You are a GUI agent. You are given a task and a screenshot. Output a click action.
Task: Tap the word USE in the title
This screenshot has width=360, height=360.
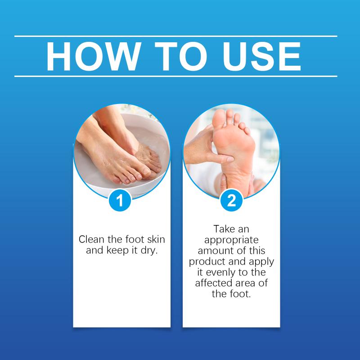tap(262, 56)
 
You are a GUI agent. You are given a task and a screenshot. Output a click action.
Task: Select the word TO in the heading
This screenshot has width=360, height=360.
tap(181, 56)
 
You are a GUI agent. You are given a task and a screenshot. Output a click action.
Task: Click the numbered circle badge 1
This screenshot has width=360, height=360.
tap(120, 200)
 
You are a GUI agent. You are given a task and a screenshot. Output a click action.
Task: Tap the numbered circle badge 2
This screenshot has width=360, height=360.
tap(231, 200)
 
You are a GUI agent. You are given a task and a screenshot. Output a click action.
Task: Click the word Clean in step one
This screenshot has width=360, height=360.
tap(91, 239)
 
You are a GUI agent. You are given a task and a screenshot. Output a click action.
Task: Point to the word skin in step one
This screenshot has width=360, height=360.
tap(156, 239)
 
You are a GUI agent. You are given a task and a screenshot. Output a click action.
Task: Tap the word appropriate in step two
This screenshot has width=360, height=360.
tap(231, 240)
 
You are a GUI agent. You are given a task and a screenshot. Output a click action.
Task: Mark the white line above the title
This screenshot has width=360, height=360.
tap(176, 36)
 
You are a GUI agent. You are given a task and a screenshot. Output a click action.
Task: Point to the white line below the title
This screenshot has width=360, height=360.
tap(176, 76)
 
